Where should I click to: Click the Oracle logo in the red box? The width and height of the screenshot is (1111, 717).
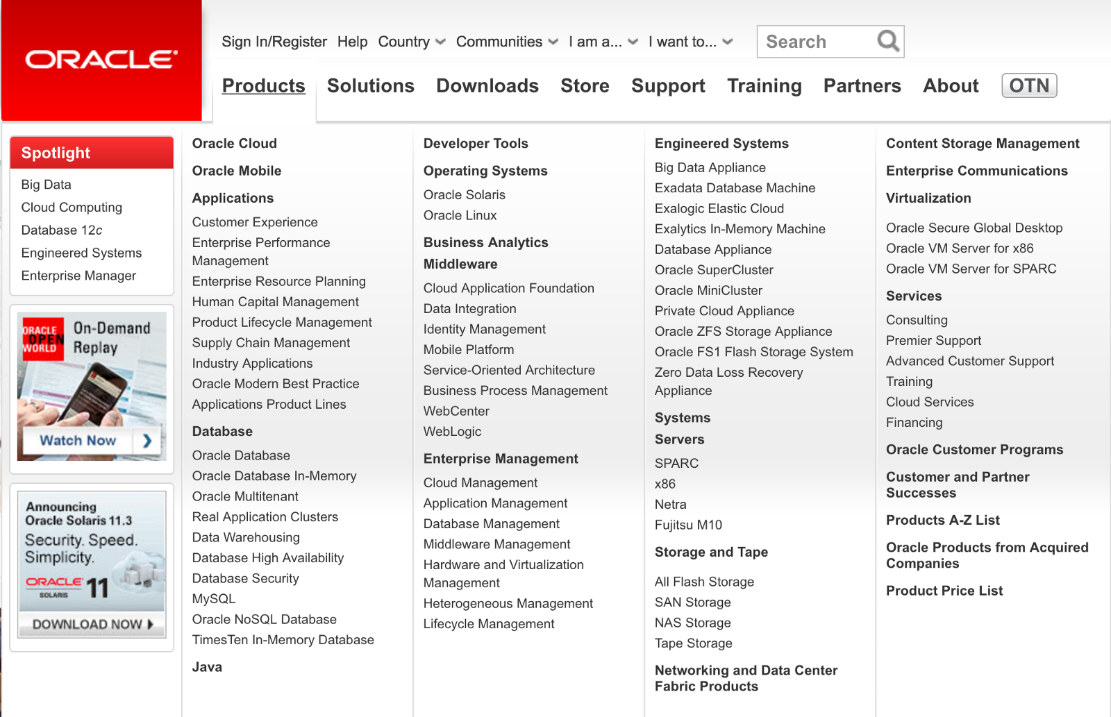[101, 60]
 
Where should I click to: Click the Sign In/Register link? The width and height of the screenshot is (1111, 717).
[274, 42]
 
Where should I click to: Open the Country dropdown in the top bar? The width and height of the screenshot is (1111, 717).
[411, 42]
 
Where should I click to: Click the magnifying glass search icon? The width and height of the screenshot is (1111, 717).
[887, 41]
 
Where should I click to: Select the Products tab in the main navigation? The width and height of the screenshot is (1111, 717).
[263, 86]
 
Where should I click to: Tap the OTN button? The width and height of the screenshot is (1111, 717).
[1029, 85]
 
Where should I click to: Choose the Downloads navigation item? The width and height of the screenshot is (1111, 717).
[487, 86]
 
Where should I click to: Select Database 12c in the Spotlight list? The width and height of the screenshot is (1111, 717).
[62, 230]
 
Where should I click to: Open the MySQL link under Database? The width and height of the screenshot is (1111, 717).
[214, 599]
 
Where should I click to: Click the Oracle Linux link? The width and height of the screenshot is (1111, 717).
[460, 216]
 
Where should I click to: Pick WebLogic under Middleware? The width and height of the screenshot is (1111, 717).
[452, 432]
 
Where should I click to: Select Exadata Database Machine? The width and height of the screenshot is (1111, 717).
[735, 188]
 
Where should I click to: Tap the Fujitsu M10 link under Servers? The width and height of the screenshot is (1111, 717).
[688, 525]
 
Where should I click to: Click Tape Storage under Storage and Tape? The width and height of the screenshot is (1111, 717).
[693, 643]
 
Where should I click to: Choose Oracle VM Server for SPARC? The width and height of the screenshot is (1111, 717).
[971, 269]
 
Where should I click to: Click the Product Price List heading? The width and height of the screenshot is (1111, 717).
[944, 591]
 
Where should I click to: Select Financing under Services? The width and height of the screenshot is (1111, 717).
[914, 423]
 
